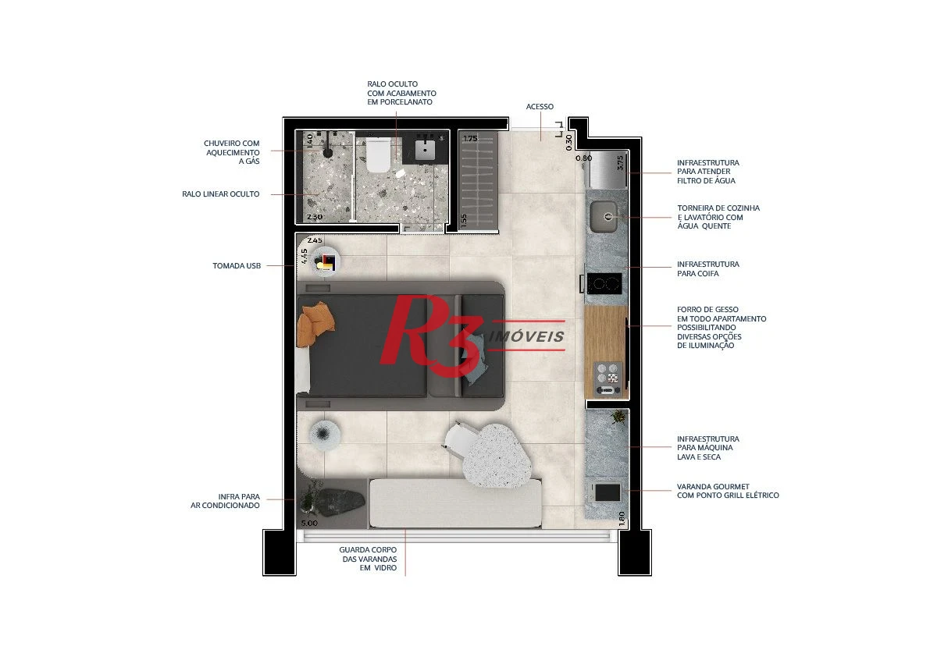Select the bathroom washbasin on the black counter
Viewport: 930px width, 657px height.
pyautogui.click(x=426, y=149)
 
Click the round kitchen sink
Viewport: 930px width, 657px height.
pyautogui.click(x=604, y=217)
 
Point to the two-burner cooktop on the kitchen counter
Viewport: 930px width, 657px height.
pyautogui.click(x=604, y=283)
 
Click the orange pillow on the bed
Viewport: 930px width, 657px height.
pyautogui.click(x=316, y=325)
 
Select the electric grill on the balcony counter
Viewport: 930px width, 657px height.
pyautogui.click(x=607, y=492)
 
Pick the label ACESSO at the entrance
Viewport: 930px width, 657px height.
pyautogui.click(x=540, y=107)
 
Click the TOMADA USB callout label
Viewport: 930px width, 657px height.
pyautogui.click(x=237, y=266)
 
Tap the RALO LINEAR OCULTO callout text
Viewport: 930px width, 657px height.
pyautogui.click(x=221, y=194)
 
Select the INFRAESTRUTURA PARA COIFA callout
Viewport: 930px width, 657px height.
pyautogui.click(x=708, y=269)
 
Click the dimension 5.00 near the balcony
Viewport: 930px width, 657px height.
pyautogui.click(x=309, y=523)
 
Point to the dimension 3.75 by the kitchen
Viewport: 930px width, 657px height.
pyautogui.click(x=621, y=162)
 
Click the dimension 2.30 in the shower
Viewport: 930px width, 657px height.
pyautogui.click(x=315, y=217)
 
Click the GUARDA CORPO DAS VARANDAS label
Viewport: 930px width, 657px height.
pyautogui.click(x=368, y=559)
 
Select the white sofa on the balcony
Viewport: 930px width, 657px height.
pyautogui.click(x=455, y=503)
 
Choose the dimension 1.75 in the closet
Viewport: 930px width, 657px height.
pyautogui.click(x=470, y=139)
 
